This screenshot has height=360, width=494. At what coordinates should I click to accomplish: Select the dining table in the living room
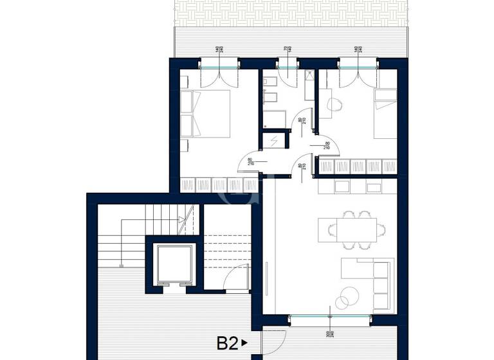(353, 228)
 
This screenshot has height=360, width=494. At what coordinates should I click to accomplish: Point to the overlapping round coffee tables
(346, 295)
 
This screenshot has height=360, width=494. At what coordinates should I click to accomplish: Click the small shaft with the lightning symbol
(273, 140)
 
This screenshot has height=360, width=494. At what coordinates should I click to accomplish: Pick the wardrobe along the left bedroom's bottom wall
(219, 185)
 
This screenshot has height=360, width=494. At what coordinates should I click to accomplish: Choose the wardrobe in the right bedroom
(358, 166)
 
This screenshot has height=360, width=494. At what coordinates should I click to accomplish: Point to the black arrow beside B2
(244, 344)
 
